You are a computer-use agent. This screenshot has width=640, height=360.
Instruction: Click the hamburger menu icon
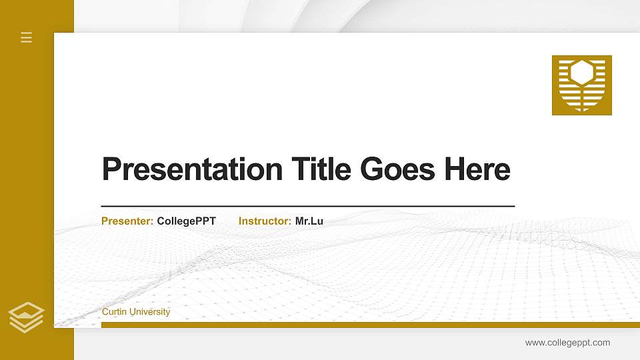pyautogui.click(x=27, y=37)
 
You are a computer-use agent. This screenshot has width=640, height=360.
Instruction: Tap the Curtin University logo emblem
pyautogui.click(x=581, y=85)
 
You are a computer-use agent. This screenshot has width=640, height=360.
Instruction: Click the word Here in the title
pyautogui.click(x=477, y=169)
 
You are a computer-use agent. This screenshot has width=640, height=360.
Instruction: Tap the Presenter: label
pyautogui.click(x=127, y=221)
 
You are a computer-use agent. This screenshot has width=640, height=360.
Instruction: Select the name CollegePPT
pyautogui.click(x=187, y=221)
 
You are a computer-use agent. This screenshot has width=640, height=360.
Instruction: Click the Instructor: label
pyautogui.click(x=265, y=221)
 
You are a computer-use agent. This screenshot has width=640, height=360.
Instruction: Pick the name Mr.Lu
pyautogui.click(x=309, y=221)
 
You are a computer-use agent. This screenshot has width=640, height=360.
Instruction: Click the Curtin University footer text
pyautogui.click(x=136, y=312)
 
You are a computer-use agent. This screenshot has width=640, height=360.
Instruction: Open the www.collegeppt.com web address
pyautogui.click(x=567, y=343)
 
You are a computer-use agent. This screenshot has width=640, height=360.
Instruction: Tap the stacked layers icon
pyautogui.click(x=27, y=317)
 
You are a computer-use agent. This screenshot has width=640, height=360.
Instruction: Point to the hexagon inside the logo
pyautogui.click(x=582, y=73)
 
